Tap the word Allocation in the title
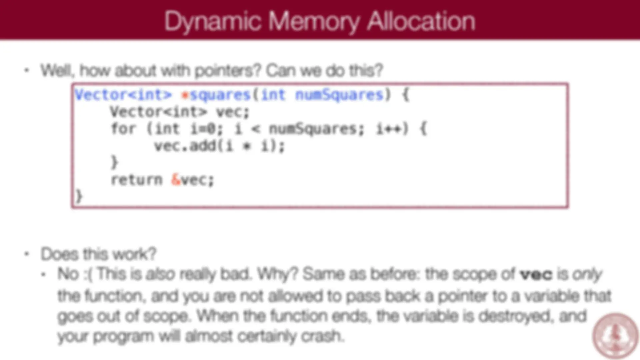pyautogui.click(x=421, y=21)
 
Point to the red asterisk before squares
pyautogui.click(x=184, y=95)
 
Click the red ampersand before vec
pyautogui.click(x=176, y=180)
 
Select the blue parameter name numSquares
pyautogui.click(x=339, y=95)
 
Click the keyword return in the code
pyautogui.click(x=136, y=180)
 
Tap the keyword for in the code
pyautogui.click(x=123, y=129)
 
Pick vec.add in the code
pyautogui.click(x=185, y=146)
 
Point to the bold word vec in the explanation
pyautogui.click(x=536, y=274)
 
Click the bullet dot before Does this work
pyautogui.click(x=27, y=254)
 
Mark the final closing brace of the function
pyautogui.click(x=79, y=196)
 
